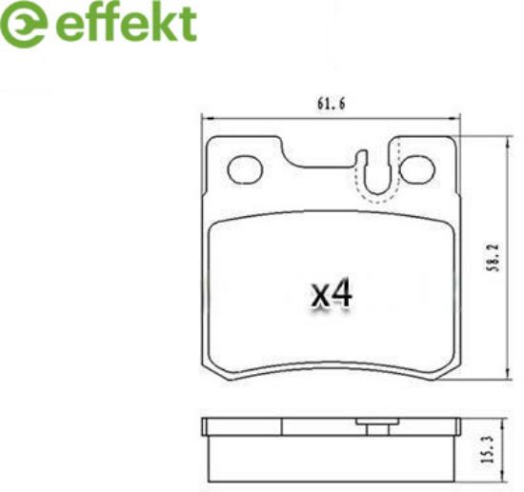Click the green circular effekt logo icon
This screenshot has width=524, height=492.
click(x=23, y=23)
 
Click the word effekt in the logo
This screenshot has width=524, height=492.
click(x=126, y=23)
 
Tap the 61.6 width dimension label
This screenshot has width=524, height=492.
click(x=331, y=104)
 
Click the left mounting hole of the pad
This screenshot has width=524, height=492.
click(x=245, y=169)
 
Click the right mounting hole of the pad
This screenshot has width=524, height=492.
click(x=417, y=169)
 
